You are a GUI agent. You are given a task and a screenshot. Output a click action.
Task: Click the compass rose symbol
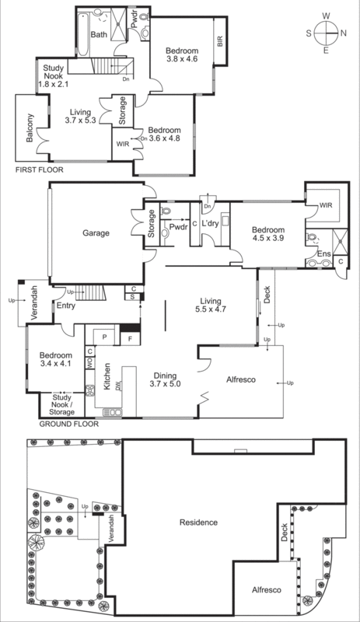(327, 33)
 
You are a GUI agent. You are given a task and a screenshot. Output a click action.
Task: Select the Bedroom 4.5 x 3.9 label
(268, 235)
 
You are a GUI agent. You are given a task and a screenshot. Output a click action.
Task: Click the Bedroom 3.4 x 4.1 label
(56, 361)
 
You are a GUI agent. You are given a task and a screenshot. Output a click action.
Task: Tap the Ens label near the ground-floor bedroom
(322, 254)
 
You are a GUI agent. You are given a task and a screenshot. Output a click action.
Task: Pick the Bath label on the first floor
(99, 35)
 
